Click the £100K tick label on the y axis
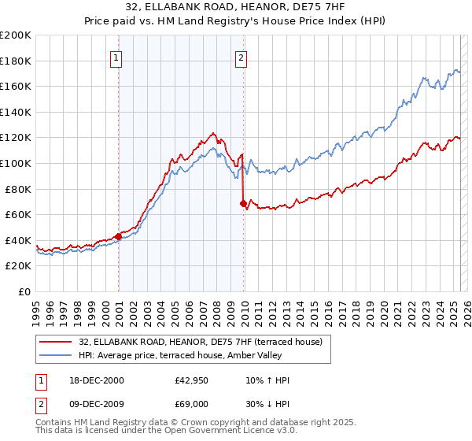click(x=16, y=163)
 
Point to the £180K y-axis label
click(x=16, y=61)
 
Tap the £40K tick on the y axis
click(x=18, y=240)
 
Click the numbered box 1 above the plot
click(x=116, y=57)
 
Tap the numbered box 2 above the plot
click(x=241, y=57)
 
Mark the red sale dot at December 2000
click(x=118, y=235)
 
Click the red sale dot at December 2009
click(x=243, y=203)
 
